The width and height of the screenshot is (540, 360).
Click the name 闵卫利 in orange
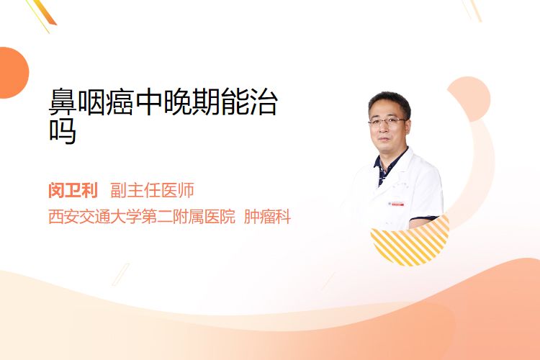click(73, 190)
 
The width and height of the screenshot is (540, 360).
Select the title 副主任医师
click(152, 190)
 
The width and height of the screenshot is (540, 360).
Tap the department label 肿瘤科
click(267, 217)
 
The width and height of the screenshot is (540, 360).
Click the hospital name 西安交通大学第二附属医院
click(142, 217)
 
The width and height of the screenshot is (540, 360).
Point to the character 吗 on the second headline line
click(63, 131)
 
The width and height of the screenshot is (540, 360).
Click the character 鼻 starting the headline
click(63, 102)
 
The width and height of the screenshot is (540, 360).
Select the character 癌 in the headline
click(120, 102)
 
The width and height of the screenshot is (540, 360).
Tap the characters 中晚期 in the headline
click(177, 102)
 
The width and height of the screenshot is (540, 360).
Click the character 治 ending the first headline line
click(264, 102)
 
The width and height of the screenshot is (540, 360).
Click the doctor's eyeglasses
click(387, 121)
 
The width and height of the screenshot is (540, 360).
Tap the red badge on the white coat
click(396, 204)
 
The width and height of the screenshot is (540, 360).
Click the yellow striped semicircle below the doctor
click(410, 243)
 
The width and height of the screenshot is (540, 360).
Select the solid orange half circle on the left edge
click(13, 73)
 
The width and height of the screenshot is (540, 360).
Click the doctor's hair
click(390, 101)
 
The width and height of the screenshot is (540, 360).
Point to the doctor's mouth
click(384, 139)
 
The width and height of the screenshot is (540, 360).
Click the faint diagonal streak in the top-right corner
click(472, 10)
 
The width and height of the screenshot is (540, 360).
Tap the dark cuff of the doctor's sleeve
click(423, 219)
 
